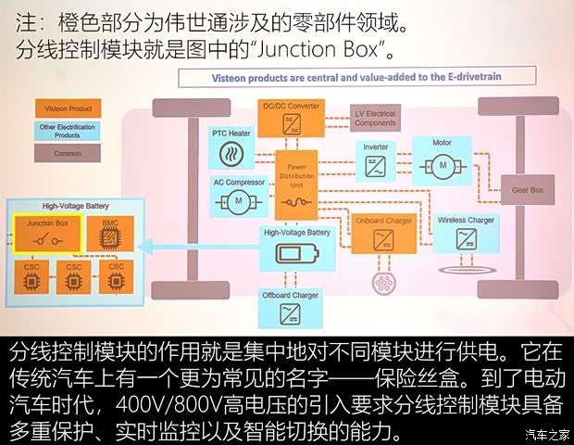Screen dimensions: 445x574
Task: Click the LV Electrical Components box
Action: point(375,118)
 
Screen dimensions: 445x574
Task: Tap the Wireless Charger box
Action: point(466,233)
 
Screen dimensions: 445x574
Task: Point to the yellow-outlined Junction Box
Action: point(46,233)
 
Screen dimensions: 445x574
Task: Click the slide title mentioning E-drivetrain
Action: point(339,78)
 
